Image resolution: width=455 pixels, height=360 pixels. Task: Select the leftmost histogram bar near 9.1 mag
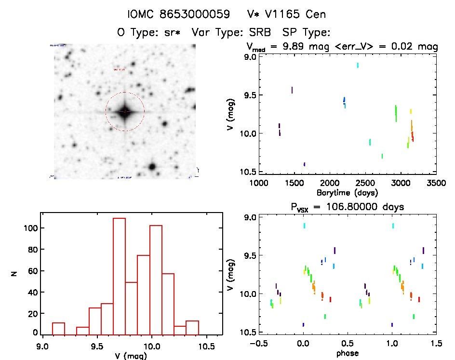click(x=58, y=328)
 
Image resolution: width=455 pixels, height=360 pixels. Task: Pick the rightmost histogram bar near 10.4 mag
click(x=192, y=327)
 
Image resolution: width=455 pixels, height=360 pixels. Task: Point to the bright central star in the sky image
click(x=125, y=112)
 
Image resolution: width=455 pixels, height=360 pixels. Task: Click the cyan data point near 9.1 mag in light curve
click(x=357, y=65)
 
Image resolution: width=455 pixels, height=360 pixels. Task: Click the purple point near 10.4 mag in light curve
click(x=304, y=164)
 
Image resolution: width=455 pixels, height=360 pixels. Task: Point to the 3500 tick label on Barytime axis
click(x=436, y=183)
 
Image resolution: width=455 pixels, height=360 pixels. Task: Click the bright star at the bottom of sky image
click(x=152, y=167)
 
